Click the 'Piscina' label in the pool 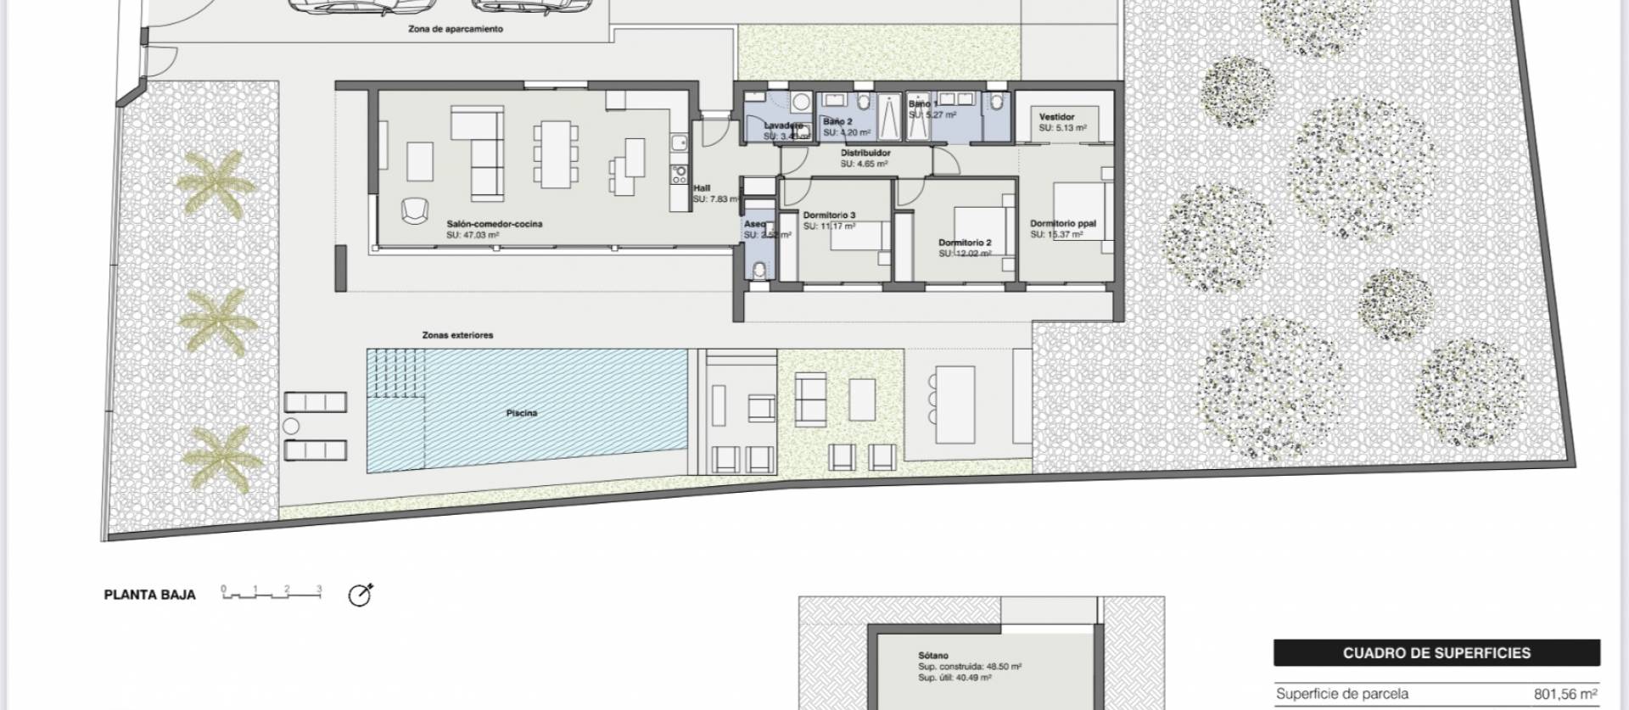[x=522, y=413]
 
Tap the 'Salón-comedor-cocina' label [x=494, y=224]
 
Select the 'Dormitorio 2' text [x=965, y=243]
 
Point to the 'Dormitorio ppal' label [x=1063, y=224]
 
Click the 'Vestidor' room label [x=1056, y=117]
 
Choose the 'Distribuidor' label [x=865, y=154]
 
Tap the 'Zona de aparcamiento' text [x=456, y=29]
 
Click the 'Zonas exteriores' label [x=457, y=335]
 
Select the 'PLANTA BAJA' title [x=149, y=595]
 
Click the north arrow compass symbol [x=361, y=595]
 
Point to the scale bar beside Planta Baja [x=271, y=593]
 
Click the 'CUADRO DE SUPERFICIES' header [x=1436, y=653]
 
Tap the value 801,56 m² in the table [x=1565, y=694]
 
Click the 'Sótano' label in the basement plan [x=932, y=656]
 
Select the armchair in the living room [x=414, y=210]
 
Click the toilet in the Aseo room [x=760, y=270]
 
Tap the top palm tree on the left [x=214, y=184]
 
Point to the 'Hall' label [x=702, y=188]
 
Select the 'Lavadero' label [x=783, y=126]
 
